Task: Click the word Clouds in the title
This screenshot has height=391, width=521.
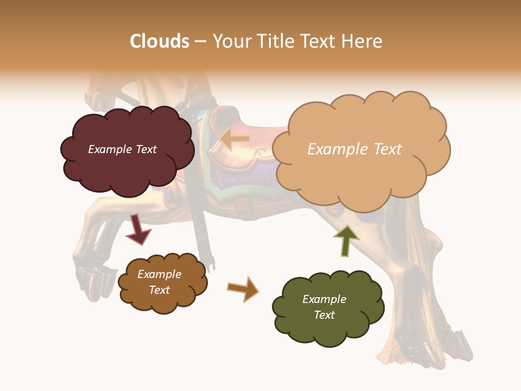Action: (160, 41)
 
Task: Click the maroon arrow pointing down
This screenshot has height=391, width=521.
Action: (138, 229)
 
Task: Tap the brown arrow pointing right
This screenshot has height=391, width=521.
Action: (243, 288)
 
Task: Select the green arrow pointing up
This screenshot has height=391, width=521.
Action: (346, 241)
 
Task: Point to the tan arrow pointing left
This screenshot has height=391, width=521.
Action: (235, 140)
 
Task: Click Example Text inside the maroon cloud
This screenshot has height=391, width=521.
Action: (122, 149)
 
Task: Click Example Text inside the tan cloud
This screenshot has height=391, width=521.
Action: (354, 149)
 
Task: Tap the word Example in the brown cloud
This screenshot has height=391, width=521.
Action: (159, 274)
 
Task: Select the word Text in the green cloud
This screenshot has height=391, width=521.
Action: (324, 315)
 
